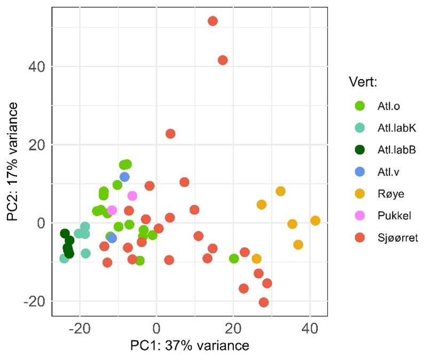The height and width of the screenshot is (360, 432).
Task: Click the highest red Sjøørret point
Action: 213,21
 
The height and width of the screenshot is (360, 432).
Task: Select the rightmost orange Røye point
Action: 315,221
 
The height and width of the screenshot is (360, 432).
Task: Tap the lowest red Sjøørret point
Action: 263,302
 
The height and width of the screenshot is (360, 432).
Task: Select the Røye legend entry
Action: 379,194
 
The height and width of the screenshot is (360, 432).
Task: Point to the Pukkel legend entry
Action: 381,216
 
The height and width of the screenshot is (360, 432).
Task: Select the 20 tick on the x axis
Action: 233,327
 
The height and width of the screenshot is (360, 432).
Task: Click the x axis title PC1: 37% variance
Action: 189,345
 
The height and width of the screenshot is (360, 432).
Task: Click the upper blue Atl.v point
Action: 124,177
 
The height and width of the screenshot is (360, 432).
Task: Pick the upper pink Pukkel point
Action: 132,196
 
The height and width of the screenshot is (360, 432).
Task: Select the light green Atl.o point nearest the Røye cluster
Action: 234,259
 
